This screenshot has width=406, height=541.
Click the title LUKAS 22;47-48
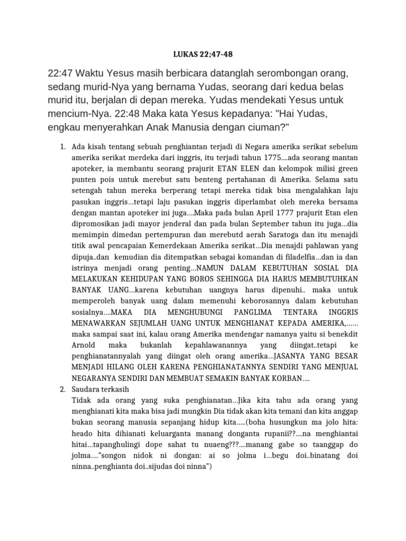pyautogui.click(x=202, y=54)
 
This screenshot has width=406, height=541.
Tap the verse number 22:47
pyautogui.click(x=60, y=73)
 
